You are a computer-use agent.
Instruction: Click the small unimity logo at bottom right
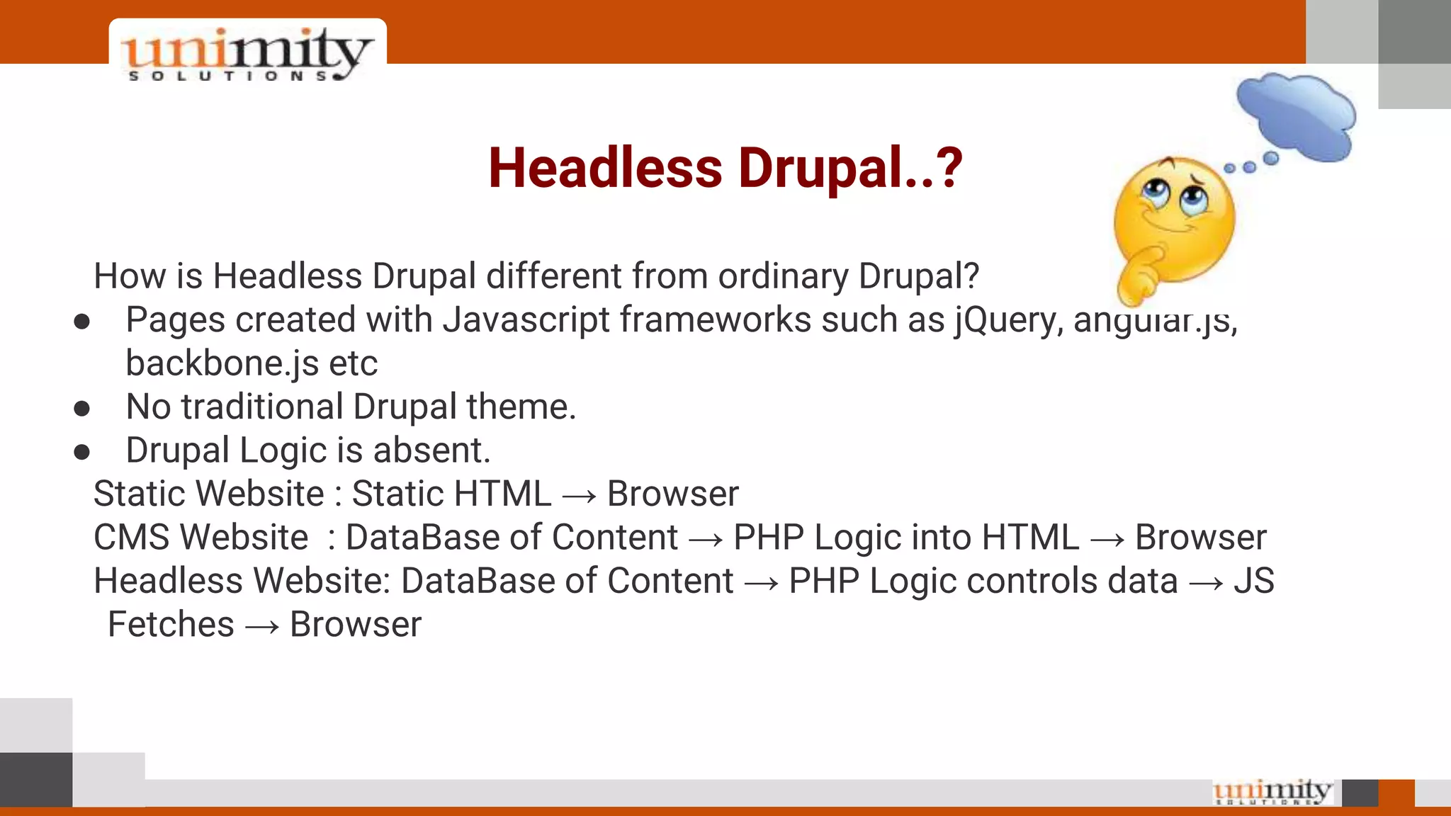[1272, 792]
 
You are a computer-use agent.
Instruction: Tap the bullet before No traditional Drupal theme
[82, 409]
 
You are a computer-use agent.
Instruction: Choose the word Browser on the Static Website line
[672, 494]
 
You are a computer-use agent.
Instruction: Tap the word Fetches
[171, 625]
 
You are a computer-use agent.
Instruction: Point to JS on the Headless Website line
[1253, 582]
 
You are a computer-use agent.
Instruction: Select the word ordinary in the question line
[783, 277]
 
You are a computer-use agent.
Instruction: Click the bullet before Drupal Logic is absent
[82, 453]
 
